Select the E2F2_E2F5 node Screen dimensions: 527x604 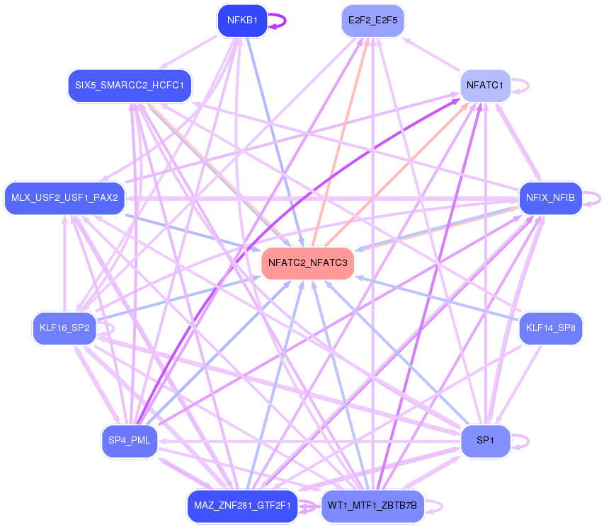pyautogui.click(x=372, y=21)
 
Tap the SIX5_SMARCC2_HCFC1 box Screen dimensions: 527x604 pyautogui.click(x=130, y=86)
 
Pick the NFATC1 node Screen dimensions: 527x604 pyautogui.click(x=485, y=86)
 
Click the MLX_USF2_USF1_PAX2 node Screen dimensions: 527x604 pyautogui.click(x=64, y=197)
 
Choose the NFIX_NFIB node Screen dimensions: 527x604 pyautogui.click(x=550, y=197)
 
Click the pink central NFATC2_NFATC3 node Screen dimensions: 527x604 pyautogui.click(x=307, y=263)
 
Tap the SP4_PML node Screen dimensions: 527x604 pyautogui.click(x=130, y=441)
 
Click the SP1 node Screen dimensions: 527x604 pyautogui.click(x=485, y=441)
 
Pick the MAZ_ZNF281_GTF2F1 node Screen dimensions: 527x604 pyautogui.click(x=242, y=506)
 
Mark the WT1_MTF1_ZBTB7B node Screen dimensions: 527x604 pyautogui.click(x=372, y=506)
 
